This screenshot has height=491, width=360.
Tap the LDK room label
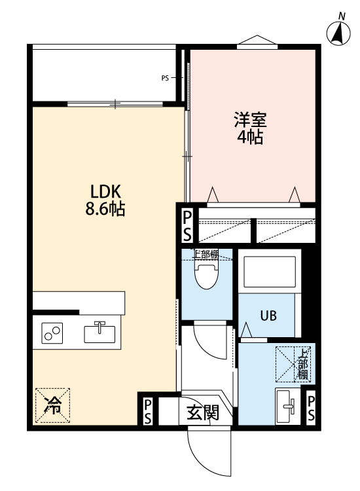click(105, 191)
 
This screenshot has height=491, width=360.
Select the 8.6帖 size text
click(105, 209)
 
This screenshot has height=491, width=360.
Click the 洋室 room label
click(250, 119)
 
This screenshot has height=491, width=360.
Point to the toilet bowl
click(206, 276)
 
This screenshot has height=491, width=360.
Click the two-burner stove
click(52, 333)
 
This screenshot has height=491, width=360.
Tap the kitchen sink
click(99, 333)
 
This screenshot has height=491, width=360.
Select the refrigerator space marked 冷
click(52, 405)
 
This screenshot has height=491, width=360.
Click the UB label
click(268, 316)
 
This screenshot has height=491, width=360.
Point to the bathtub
click(270, 272)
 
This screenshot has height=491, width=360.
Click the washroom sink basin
click(287, 407)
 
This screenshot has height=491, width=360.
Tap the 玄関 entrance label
click(203, 412)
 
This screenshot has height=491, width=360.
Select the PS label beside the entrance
click(148, 412)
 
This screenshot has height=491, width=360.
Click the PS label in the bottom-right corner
click(311, 409)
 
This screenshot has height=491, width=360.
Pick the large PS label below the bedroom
click(187, 226)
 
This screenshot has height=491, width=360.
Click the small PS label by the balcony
click(165, 78)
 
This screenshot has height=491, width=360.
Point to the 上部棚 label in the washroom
click(302, 364)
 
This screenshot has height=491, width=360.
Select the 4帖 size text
click(249, 137)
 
